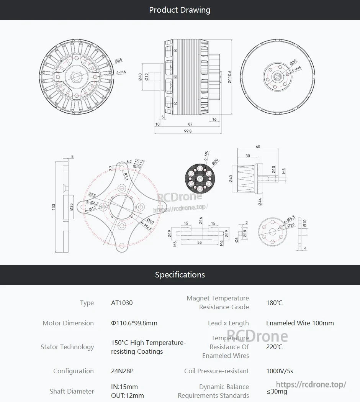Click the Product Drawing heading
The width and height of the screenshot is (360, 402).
[180, 10]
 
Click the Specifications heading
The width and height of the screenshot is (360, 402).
[180, 275]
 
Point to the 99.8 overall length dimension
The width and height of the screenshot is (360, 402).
[188, 131]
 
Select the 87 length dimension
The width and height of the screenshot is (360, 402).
[190, 124]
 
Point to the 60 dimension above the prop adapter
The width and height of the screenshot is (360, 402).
[258, 147]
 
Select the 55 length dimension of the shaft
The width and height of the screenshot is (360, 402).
[200, 243]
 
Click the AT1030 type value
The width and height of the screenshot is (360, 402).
[122, 303]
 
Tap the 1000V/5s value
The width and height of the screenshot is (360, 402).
[280, 371]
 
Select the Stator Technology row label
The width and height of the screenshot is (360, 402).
[67, 347]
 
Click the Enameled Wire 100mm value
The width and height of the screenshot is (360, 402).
[300, 323]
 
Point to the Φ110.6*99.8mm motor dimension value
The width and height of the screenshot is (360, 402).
[134, 323]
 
